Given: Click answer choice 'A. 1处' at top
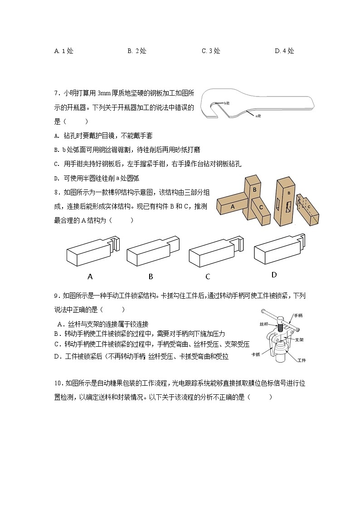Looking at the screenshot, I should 63,51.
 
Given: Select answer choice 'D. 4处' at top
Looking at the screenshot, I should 284,51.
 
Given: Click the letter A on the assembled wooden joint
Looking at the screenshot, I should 233,206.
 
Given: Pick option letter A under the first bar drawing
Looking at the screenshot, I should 90,276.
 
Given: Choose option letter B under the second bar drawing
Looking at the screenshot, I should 151,276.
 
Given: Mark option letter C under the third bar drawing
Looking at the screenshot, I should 208,276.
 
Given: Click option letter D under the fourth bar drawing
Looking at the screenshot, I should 274,275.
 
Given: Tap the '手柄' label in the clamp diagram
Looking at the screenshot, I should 298,315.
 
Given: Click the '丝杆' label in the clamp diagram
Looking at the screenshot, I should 265,325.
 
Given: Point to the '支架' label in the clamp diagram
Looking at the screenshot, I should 299,339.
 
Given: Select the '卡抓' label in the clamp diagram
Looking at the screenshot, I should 255,354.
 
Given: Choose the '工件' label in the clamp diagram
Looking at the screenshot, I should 302,360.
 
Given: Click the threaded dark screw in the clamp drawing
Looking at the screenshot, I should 280,327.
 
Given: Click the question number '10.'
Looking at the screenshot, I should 58,384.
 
